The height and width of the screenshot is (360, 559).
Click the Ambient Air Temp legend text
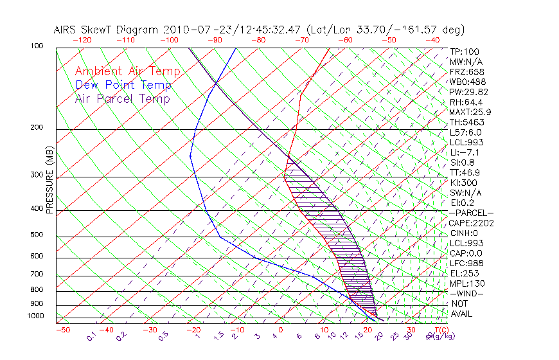click(x=128, y=71)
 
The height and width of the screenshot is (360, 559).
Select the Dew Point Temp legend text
click(x=123, y=85)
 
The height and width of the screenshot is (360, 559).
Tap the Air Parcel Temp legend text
click(x=123, y=98)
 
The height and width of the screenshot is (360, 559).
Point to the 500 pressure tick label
click(x=36, y=235)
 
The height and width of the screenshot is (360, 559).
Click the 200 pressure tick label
click(x=36, y=128)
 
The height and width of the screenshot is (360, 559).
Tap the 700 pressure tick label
click(x=36, y=275)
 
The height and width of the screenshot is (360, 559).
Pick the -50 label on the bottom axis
click(x=62, y=330)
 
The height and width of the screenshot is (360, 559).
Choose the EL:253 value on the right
click(x=465, y=273)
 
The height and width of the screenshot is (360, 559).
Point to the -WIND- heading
click(x=467, y=293)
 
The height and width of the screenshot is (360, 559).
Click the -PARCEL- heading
click(x=472, y=213)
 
